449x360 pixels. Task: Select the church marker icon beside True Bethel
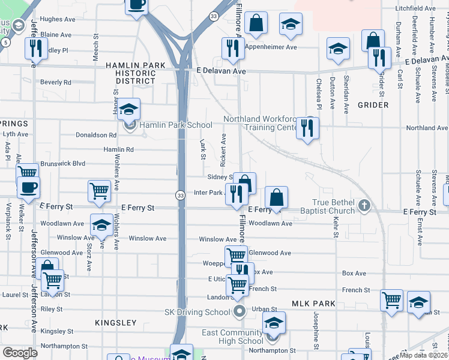pyautogui.click(x=364, y=206)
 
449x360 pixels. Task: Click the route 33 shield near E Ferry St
pyautogui.click(x=180, y=195)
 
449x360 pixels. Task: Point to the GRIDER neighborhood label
pyautogui.click(x=373, y=105)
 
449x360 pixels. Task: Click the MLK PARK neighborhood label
pyautogui.click(x=314, y=304)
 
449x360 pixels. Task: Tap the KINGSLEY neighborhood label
pyautogui.click(x=116, y=323)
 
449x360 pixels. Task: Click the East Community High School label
pyautogui.click(x=232, y=337)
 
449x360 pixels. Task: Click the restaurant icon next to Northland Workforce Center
pyautogui.click(x=307, y=128)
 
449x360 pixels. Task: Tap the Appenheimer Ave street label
pyautogui.click(x=271, y=47)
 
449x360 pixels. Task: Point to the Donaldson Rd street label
pyautogui.click(x=96, y=135)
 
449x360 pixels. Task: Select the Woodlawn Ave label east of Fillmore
pyautogui.click(x=270, y=223)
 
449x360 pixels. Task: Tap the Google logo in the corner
pyautogui.click(x=20, y=353)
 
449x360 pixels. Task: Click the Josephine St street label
pyautogui.click(x=316, y=329)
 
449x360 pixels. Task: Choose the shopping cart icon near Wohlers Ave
pyautogui.click(x=100, y=191)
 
